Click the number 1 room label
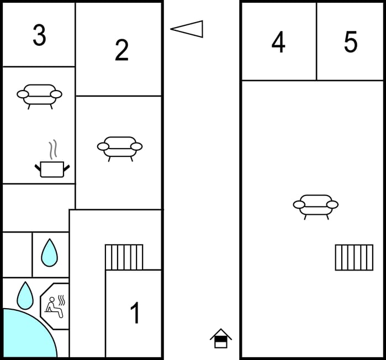point(135,314)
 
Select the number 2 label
point(121,51)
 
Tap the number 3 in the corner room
point(39,35)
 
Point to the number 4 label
point(278,43)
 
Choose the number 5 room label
point(351,43)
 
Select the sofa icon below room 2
point(120,147)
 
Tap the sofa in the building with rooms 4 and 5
point(315,205)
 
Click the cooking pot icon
point(52,168)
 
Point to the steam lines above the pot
point(52,149)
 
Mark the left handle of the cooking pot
point(38,167)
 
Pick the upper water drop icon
point(49,252)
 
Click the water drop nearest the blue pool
point(25,295)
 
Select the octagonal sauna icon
point(55,306)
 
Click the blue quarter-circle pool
point(25,337)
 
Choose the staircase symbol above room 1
point(124,257)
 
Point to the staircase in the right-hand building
point(354,257)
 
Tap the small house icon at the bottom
point(221,338)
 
